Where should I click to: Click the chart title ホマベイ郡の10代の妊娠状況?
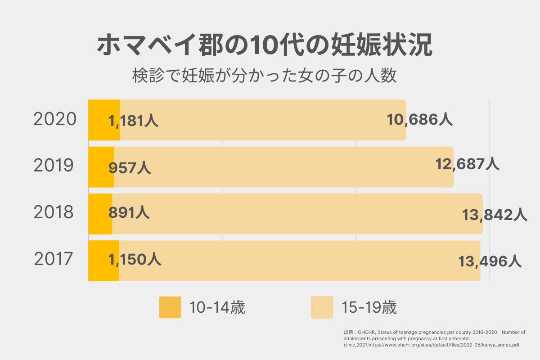(265, 45)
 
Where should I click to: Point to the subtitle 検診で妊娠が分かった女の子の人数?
(265, 76)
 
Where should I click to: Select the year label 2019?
(54, 166)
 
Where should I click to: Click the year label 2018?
(54, 213)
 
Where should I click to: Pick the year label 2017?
(54, 260)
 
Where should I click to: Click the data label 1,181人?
(134, 121)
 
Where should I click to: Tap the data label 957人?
(130, 168)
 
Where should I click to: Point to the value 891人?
(129, 212)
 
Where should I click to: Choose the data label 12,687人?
(467, 164)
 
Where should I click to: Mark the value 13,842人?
(495, 215)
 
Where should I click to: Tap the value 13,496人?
(490, 261)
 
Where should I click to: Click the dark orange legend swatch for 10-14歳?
(170, 307)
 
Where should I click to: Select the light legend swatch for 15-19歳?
(322, 307)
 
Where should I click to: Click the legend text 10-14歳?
(217, 308)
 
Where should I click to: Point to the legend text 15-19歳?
(369, 308)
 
